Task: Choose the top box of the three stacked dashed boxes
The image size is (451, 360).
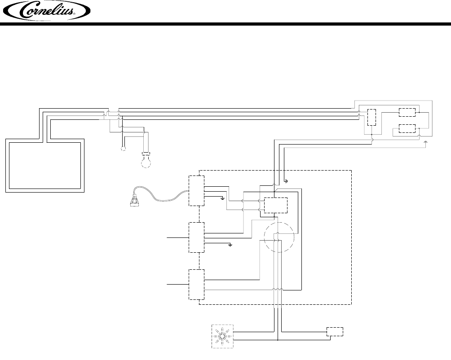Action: [196, 191]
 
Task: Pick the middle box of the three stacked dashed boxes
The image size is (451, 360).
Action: [196, 237]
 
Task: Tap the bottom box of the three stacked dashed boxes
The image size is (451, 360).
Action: [196, 285]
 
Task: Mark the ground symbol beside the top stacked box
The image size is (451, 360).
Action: [223, 198]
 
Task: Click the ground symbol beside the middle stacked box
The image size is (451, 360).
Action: [230, 246]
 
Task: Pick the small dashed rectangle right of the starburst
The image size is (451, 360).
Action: [335, 332]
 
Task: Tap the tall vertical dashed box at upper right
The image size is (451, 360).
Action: [372, 118]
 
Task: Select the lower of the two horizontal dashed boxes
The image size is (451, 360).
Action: [407, 128]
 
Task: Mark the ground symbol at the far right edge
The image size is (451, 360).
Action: [426, 142]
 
